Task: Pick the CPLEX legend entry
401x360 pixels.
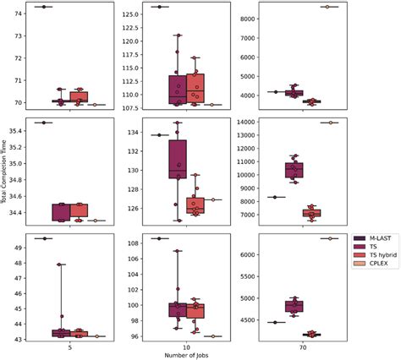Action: coord(376,263)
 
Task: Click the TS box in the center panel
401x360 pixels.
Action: coord(178,159)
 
